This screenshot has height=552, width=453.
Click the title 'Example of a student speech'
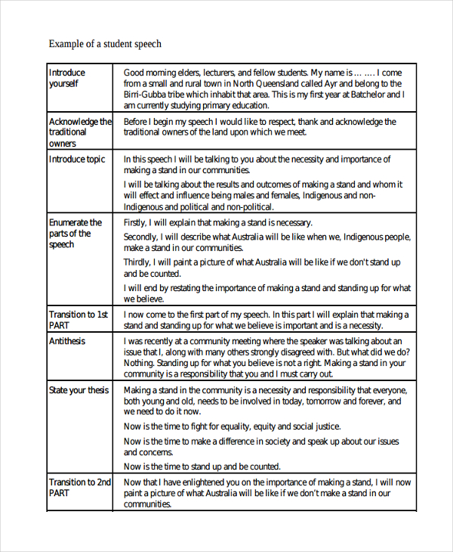click(105, 44)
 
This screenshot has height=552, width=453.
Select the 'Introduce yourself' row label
click(67, 78)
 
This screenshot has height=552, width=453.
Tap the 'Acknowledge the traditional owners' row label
click(80, 132)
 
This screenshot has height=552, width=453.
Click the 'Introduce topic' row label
click(77, 160)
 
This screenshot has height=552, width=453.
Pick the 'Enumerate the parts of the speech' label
click(75, 234)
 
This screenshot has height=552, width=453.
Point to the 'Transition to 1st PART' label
click(79, 320)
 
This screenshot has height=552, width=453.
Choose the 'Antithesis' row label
click(67, 341)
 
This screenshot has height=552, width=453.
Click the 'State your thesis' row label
click(79, 390)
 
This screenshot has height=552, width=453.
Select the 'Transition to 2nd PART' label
click(80, 487)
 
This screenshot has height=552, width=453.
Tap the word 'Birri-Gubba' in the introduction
click(147, 95)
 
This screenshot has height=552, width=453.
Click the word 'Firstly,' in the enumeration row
click(137, 223)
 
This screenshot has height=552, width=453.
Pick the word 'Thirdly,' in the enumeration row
click(139, 262)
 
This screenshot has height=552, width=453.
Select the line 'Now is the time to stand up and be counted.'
click(202, 467)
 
